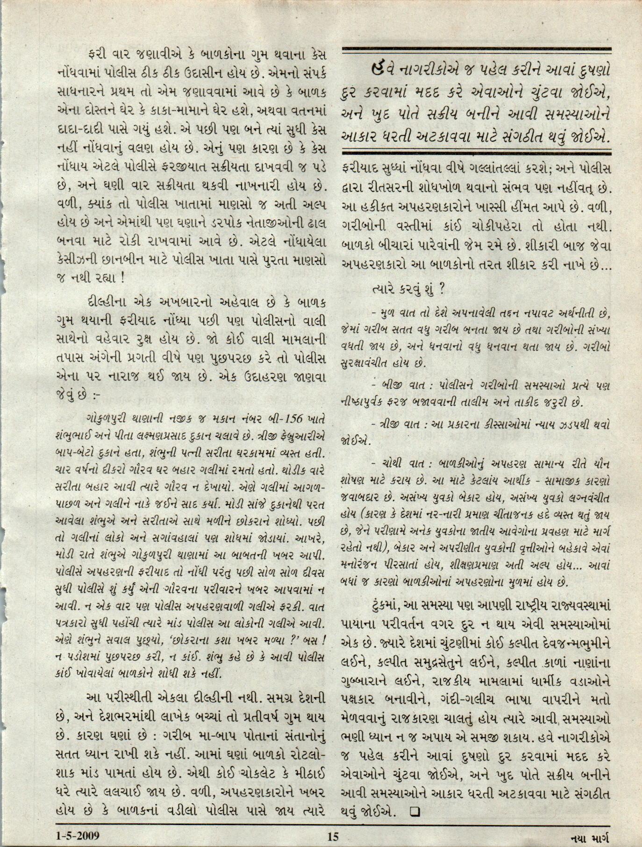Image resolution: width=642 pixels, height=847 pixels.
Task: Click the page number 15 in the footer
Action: click(332, 836)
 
